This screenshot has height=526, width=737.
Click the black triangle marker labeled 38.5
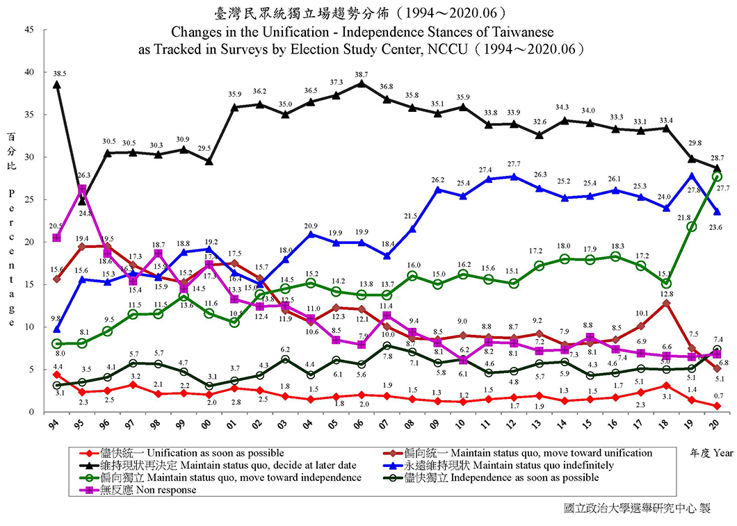point(57,85)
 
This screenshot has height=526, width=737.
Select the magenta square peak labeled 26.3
point(82,189)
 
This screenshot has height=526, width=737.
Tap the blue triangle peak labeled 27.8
point(692,176)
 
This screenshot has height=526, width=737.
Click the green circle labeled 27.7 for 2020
point(717,176)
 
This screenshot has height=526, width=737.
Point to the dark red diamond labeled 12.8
point(666,303)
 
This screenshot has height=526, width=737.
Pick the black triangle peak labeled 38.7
point(361,83)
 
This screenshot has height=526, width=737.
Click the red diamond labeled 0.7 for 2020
point(717,406)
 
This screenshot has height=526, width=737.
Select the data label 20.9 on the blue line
point(311,226)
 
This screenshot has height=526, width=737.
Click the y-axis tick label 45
point(29,30)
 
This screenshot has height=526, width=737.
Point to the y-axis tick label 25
point(29,199)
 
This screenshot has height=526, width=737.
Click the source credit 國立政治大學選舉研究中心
point(630,508)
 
